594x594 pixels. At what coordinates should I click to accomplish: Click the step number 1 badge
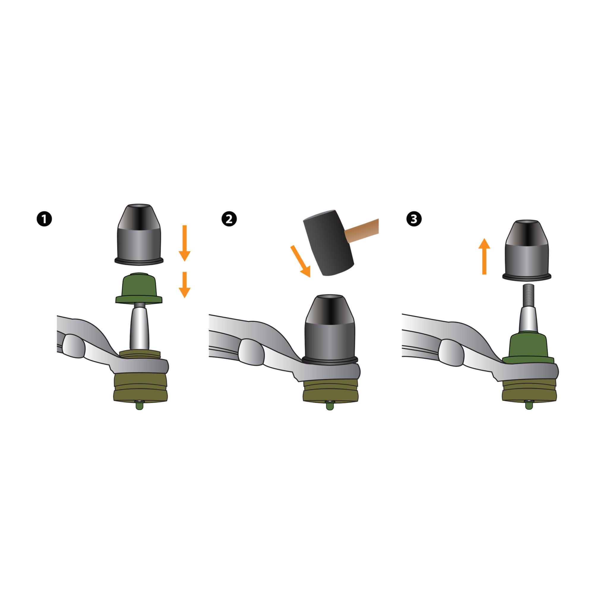click(x=44, y=219)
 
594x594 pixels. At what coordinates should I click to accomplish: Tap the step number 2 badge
click(x=229, y=219)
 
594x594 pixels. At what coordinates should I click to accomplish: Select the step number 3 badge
click(x=414, y=219)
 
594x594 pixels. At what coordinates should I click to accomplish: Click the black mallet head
click(x=329, y=242)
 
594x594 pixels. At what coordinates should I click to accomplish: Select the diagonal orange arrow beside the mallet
click(x=301, y=261)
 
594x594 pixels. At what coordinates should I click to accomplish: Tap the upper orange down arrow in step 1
click(x=184, y=243)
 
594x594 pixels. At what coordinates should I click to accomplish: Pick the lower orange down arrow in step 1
click(x=184, y=285)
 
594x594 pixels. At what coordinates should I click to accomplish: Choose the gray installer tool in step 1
click(x=139, y=234)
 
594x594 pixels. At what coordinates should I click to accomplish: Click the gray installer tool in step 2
click(x=330, y=330)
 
